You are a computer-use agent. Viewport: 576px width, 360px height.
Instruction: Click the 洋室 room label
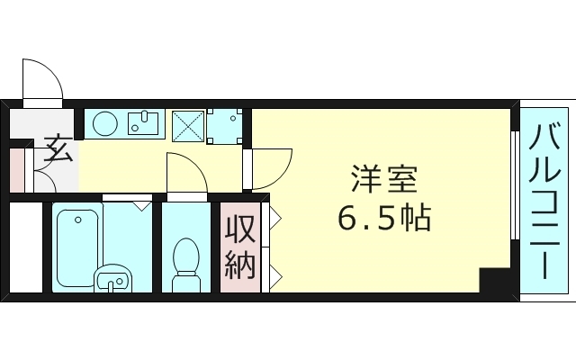tap(383, 180)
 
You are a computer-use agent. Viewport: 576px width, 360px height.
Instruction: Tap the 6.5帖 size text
tap(383, 217)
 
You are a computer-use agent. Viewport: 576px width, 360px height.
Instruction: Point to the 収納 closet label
tap(240, 246)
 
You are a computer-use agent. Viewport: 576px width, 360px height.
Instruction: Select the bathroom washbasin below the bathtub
tap(111, 280)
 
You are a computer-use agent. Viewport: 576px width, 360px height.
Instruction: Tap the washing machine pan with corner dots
tap(225, 127)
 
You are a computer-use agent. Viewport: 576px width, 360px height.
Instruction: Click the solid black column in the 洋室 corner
tap(494, 281)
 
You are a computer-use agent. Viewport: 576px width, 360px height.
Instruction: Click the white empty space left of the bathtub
tap(25, 247)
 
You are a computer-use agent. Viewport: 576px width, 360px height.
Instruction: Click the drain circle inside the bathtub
tap(77, 218)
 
